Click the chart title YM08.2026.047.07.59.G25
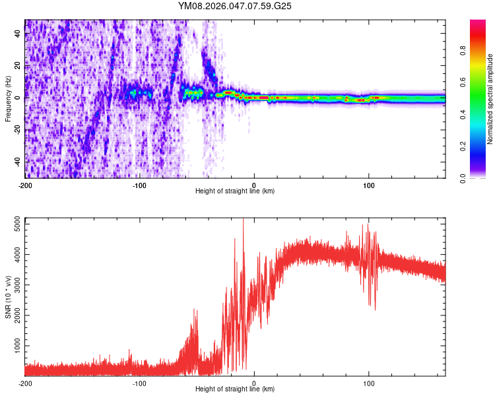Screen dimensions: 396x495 [x=235, y=6]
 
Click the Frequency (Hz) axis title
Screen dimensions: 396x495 [x=8, y=99]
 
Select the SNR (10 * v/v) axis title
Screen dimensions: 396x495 [x=8, y=298]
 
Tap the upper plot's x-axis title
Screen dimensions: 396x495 [x=235, y=191]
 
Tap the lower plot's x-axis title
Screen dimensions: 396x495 [x=235, y=389]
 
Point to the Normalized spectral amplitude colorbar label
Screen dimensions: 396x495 [x=490, y=99]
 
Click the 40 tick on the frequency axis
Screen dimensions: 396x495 [x=18, y=34]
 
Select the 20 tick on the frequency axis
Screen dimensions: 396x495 [x=18, y=66]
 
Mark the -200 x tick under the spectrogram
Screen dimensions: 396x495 [x=25, y=184]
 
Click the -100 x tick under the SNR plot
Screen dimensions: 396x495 [x=140, y=383]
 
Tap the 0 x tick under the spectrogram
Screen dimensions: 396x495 [x=254, y=184]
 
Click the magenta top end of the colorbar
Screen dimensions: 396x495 [x=478, y=22]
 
